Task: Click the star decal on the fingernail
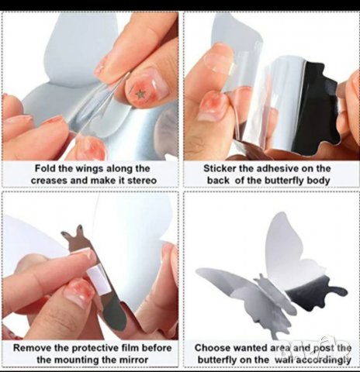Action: pyautogui.click(x=140, y=94)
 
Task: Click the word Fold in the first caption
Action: pyautogui.click(x=45, y=168)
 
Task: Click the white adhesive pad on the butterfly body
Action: pyautogui.click(x=95, y=281)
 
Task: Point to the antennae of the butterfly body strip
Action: pyautogui.click(x=73, y=234)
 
